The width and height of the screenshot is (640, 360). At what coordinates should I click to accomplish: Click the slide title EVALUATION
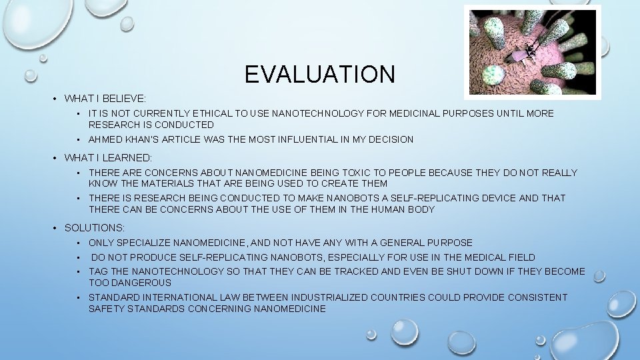319,74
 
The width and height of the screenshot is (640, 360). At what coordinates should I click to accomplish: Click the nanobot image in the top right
532,53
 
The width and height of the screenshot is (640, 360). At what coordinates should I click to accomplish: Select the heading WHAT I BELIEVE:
105,99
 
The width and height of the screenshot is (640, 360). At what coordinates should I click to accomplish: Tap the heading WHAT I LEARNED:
108,158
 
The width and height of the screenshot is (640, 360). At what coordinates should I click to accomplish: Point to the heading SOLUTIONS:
94,228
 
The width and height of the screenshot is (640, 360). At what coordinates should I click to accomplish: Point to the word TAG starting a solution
99,271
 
